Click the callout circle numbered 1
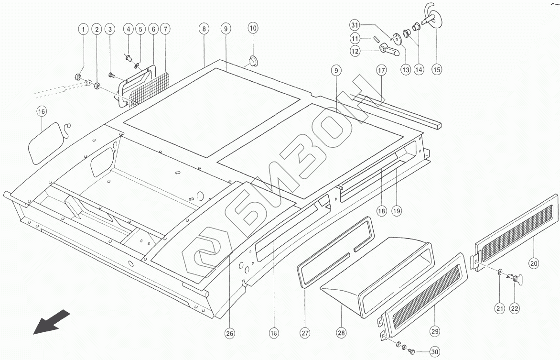click(84, 29)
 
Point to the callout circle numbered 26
click(230, 334)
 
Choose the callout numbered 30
click(434, 352)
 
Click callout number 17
click(381, 71)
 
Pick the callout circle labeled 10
click(253, 29)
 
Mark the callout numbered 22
click(515, 308)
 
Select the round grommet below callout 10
click(253, 60)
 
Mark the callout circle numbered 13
click(406, 69)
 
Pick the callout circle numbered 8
click(204, 29)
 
